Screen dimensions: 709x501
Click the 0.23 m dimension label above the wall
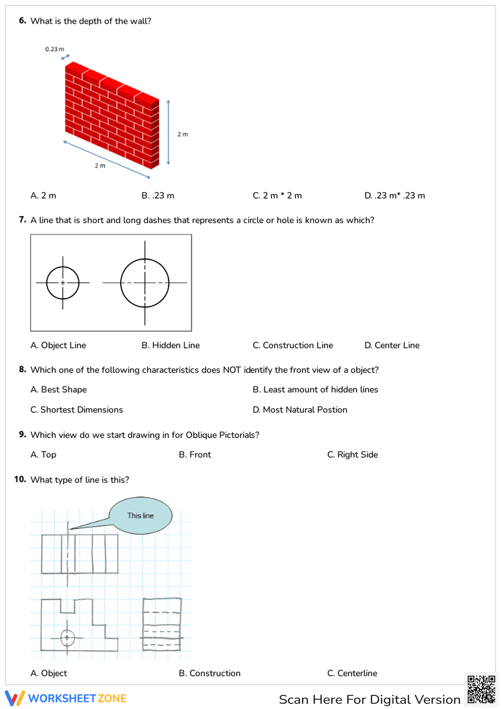(54, 49)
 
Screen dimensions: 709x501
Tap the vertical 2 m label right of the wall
(182, 134)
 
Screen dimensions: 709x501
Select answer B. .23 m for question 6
(158, 196)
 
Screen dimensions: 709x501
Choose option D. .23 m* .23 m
(394, 196)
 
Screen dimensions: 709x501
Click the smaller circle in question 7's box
(63, 283)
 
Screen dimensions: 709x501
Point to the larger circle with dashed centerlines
(145, 283)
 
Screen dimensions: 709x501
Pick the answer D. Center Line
(392, 345)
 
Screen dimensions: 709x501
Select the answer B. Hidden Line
(170, 345)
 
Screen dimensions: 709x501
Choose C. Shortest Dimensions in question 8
(77, 410)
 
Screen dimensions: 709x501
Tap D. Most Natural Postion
(300, 410)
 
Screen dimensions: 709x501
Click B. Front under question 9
(195, 455)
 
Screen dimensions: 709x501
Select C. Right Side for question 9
(352, 455)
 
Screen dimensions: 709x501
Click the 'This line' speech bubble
(141, 515)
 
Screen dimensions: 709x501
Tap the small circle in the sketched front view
(68, 638)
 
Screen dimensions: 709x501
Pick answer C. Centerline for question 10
(352, 673)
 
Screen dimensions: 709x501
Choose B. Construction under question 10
(209, 673)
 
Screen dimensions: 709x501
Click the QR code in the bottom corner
(481, 690)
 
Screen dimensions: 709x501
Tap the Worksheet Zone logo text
(77, 698)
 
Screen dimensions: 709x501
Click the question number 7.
(22, 220)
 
